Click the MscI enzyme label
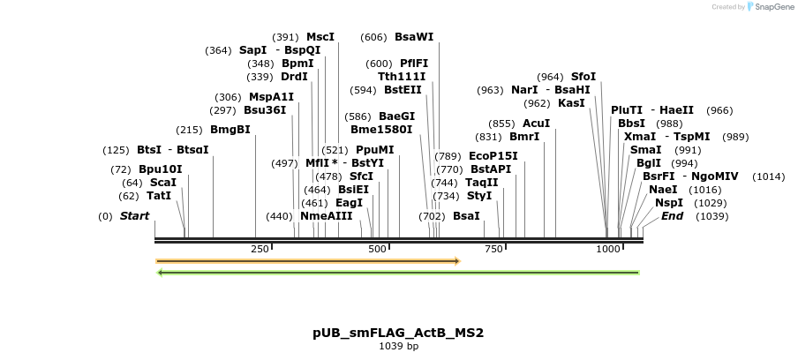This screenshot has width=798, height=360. pyautogui.click(x=320, y=37)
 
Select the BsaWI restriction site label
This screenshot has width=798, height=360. pyautogui.click(x=414, y=37)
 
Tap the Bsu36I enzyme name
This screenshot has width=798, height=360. pyautogui.click(x=265, y=110)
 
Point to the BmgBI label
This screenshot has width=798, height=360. pyautogui.click(x=230, y=130)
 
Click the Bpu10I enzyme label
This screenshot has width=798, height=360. pyautogui.click(x=160, y=169)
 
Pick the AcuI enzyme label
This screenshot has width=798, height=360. pyautogui.click(x=536, y=124)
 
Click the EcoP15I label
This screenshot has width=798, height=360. pyautogui.click(x=493, y=156)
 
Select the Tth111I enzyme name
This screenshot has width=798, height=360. pyautogui.click(x=402, y=77)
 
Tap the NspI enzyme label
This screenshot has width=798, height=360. pyautogui.click(x=669, y=203)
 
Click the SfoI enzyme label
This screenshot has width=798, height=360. pyautogui.click(x=583, y=77)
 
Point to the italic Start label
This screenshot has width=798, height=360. pyautogui.click(x=134, y=216)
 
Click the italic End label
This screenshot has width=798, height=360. pyautogui.click(x=672, y=216)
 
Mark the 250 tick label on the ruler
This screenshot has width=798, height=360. pyautogui.click(x=260, y=250)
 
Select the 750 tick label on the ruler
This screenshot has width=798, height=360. pyautogui.click(x=494, y=250)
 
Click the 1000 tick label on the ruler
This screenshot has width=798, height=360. pyautogui.click(x=608, y=250)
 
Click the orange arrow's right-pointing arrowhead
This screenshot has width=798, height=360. pyautogui.click(x=456, y=261)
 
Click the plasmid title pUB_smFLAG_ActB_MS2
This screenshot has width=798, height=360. pyautogui.click(x=398, y=334)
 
